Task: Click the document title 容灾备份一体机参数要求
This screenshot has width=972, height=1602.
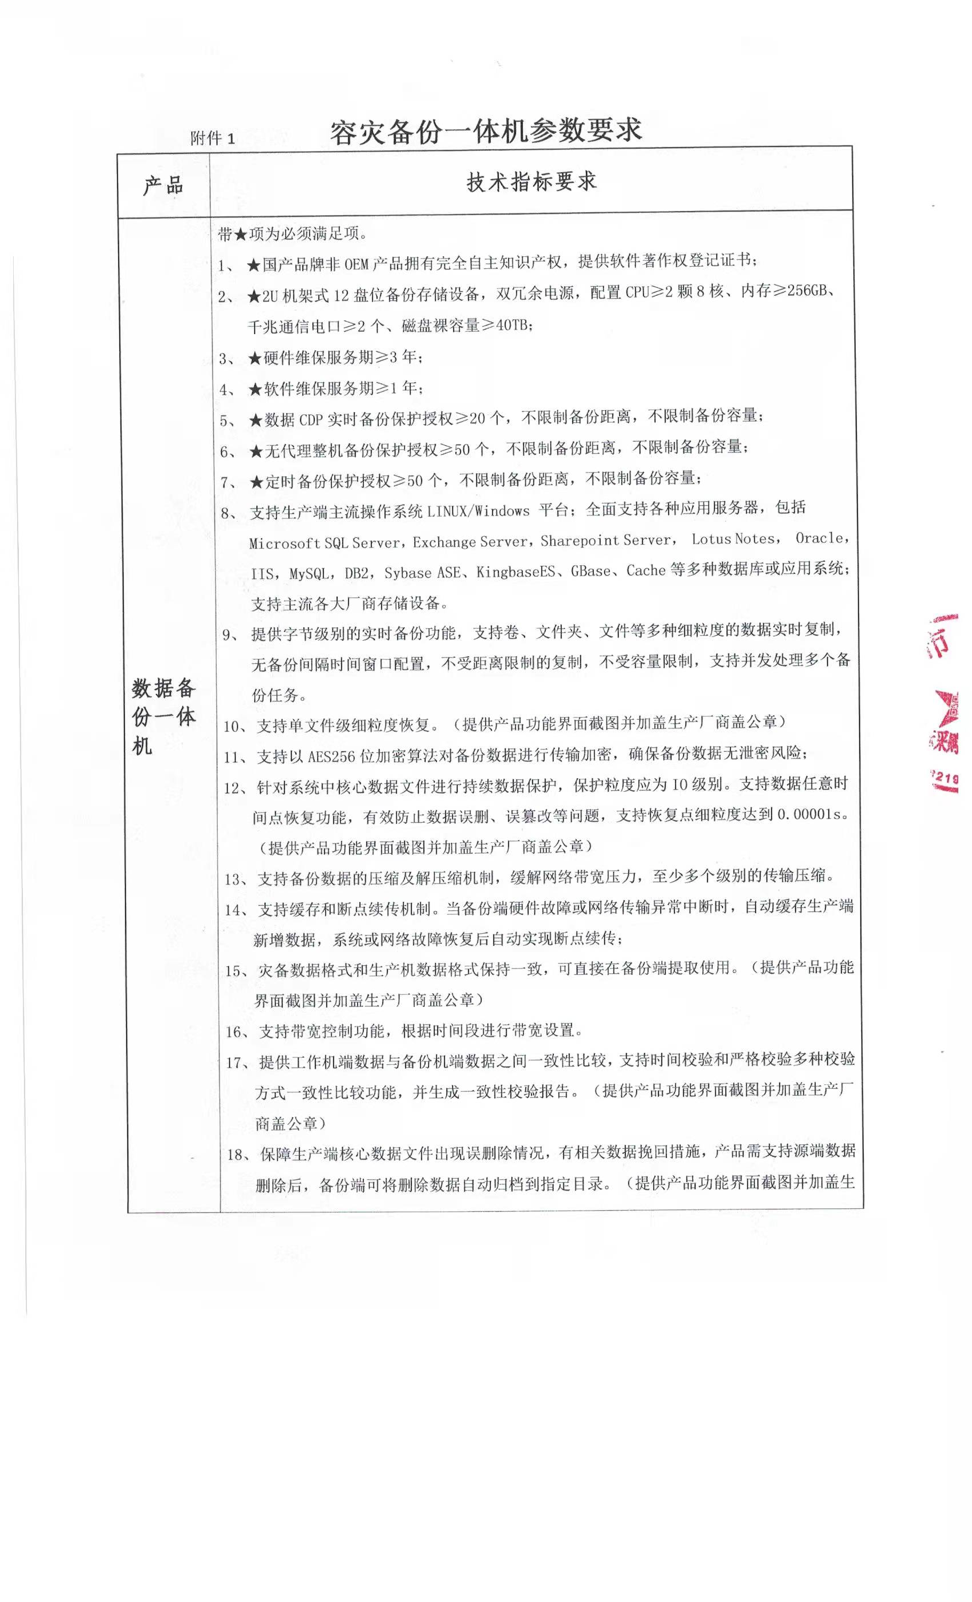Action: point(485,132)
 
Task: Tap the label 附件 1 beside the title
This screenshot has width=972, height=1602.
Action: point(213,138)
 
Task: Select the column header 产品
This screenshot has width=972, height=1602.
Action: point(163,185)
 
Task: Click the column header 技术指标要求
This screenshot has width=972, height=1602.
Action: point(531,182)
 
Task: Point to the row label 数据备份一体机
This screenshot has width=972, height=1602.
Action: point(163,716)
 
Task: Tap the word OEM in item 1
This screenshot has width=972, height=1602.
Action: point(356,264)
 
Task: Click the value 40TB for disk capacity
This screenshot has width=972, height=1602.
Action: point(513,324)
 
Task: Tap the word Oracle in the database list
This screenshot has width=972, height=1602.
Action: point(819,538)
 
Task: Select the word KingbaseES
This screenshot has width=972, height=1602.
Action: point(516,572)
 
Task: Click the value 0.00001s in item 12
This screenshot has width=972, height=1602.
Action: point(810,814)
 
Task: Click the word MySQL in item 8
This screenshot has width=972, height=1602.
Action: point(311,573)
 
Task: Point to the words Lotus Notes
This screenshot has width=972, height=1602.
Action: point(733,539)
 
